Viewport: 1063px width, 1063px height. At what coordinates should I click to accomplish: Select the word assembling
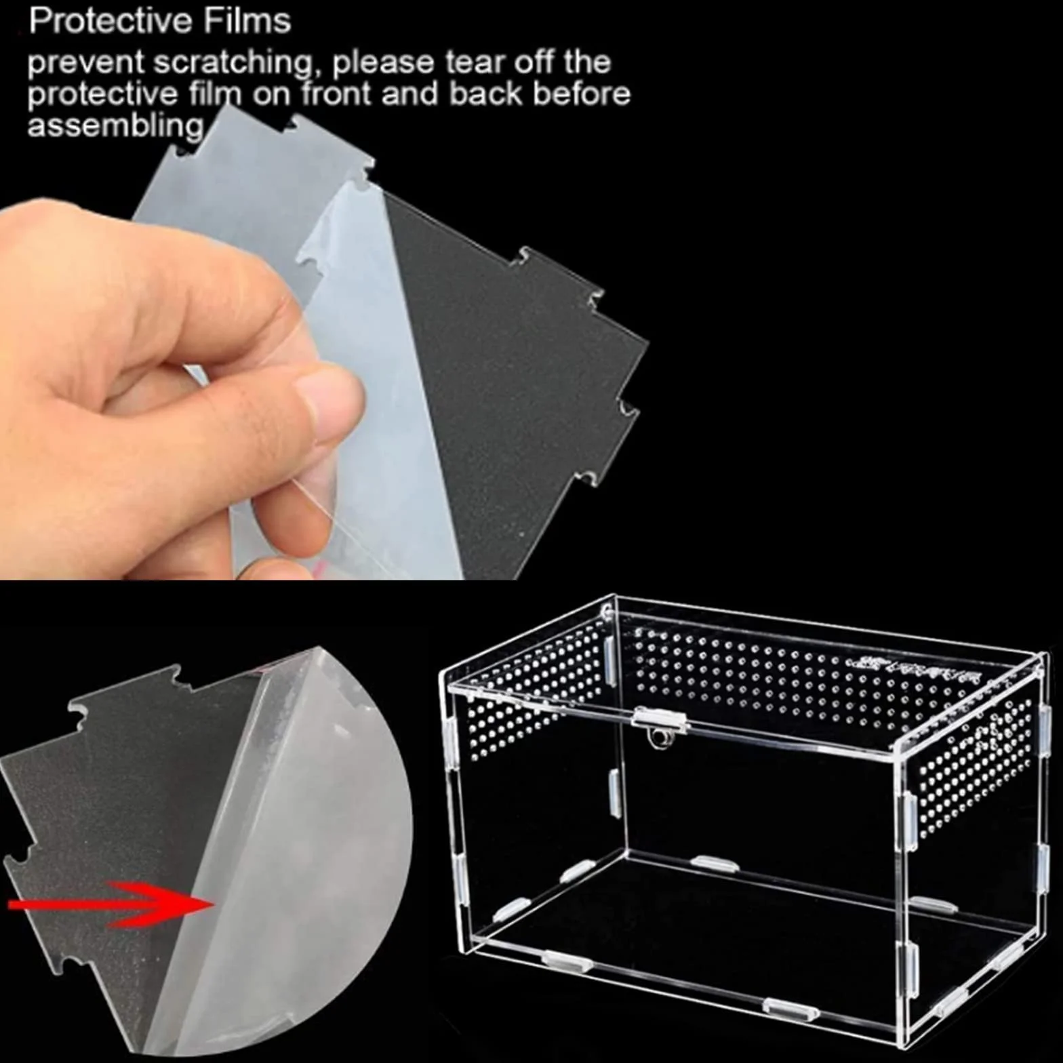coord(115,125)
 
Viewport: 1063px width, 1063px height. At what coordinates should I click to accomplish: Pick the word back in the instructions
coord(485,94)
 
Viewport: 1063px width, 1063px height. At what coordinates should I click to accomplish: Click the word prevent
coord(85,64)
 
